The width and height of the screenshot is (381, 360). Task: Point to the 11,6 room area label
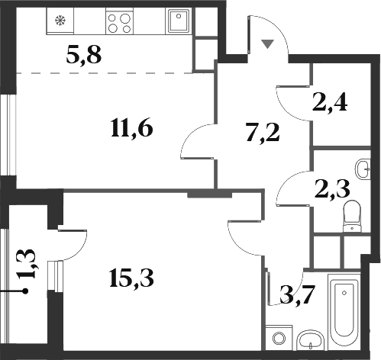(x=132, y=127)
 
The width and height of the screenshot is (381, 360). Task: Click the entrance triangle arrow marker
(x=267, y=44)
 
